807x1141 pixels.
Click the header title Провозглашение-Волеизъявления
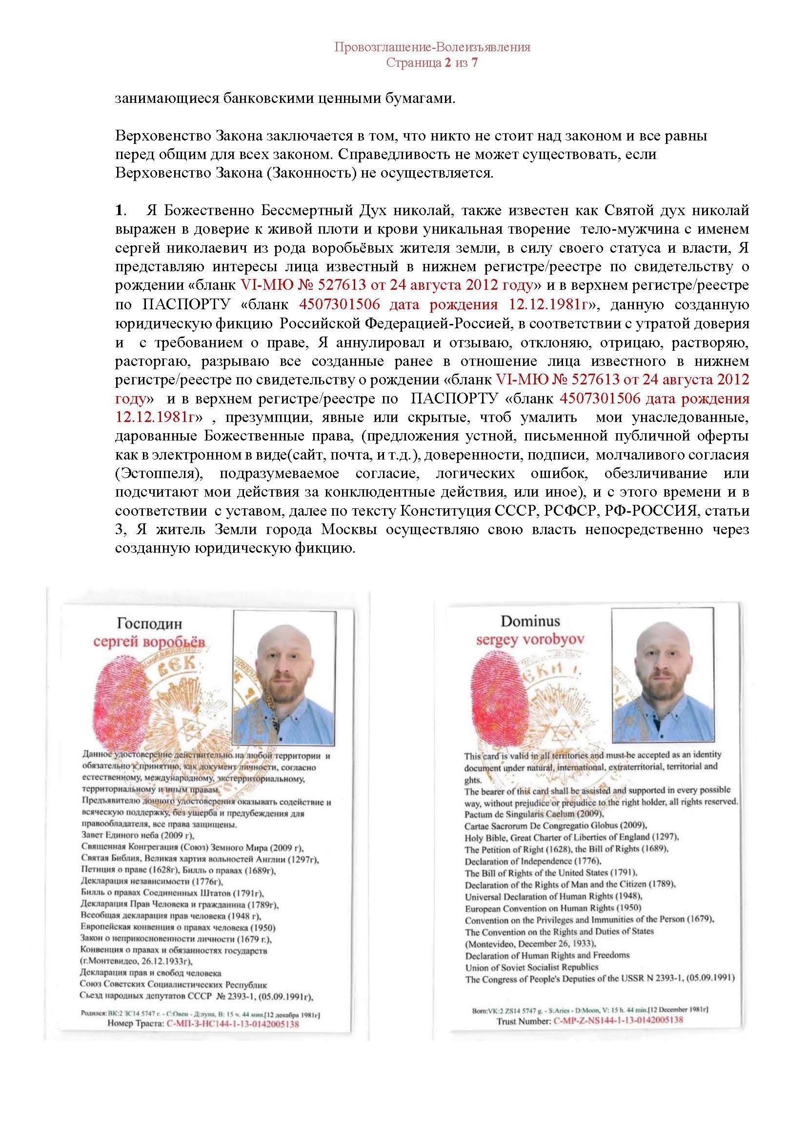coord(432,48)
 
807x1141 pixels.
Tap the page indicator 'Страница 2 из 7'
coord(432,63)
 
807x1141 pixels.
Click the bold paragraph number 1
coord(119,211)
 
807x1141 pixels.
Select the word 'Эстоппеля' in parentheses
coord(159,474)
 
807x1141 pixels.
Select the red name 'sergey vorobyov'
coord(530,640)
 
